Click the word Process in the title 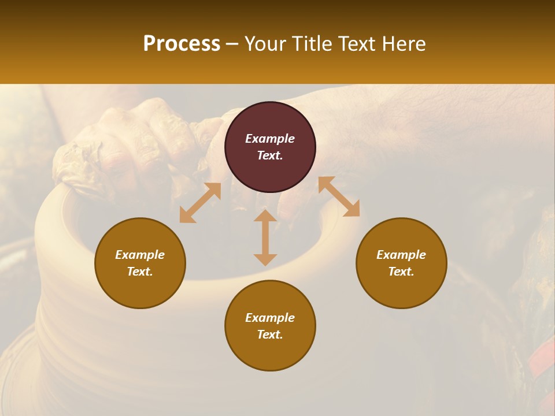[182, 44]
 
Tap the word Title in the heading [311, 44]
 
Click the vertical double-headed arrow [265, 237]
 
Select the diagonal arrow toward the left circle [200, 203]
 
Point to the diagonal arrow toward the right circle [339, 196]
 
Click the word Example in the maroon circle [270, 139]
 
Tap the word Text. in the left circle [140, 272]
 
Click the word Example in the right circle [401, 255]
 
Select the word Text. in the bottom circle [270, 335]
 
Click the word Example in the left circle [140, 255]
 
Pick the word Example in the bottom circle [270, 318]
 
